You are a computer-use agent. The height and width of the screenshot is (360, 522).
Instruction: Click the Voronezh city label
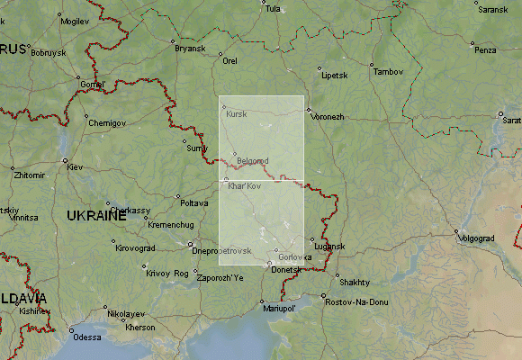(x=328, y=117)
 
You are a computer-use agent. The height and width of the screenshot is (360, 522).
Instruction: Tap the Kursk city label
(x=237, y=114)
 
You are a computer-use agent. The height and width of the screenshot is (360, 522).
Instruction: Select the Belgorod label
(x=253, y=160)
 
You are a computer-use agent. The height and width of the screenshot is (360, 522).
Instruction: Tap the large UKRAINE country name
(x=96, y=216)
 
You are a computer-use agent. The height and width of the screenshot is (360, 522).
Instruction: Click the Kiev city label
(x=75, y=167)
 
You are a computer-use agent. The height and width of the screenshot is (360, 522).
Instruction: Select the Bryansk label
(x=191, y=48)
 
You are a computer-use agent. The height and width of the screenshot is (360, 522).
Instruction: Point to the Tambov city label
(x=389, y=71)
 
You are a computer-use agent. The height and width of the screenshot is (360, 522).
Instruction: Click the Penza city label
(x=485, y=49)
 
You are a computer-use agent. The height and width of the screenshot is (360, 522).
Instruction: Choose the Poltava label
(x=194, y=203)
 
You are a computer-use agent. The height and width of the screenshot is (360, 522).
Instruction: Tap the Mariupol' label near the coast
(x=279, y=309)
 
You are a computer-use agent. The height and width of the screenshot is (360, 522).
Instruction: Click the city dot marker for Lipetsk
(x=319, y=67)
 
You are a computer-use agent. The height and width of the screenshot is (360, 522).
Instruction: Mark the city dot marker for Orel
(x=220, y=54)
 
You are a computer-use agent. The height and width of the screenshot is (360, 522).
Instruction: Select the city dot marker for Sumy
(x=184, y=141)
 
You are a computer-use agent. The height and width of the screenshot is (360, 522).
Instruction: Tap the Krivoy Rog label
(x=167, y=273)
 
